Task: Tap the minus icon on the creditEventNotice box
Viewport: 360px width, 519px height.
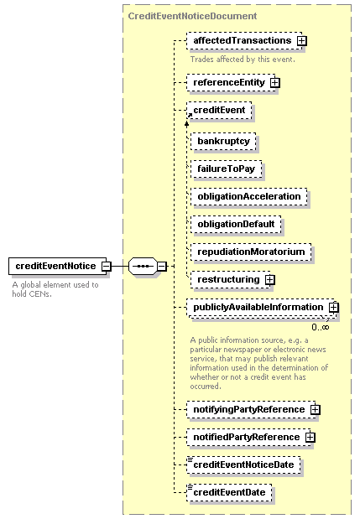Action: (107, 266)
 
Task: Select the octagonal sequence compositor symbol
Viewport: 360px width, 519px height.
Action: (143, 266)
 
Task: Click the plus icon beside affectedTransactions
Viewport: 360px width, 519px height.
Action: (302, 41)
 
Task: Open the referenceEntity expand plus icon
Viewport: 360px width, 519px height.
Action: (275, 82)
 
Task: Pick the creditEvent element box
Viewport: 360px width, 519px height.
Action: (219, 110)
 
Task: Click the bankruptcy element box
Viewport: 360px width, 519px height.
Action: (223, 142)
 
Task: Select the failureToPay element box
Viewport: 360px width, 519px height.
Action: (227, 169)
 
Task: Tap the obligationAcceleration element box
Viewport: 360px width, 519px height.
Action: (249, 196)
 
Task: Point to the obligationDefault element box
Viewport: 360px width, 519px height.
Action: (236, 225)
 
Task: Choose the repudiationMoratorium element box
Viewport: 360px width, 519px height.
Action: (251, 252)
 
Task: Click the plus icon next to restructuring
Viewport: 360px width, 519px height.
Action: (270, 280)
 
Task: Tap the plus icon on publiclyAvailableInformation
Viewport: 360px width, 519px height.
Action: (333, 308)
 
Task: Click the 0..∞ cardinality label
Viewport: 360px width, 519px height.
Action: (321, 327)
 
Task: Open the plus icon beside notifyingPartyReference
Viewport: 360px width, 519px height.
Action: (315, 410)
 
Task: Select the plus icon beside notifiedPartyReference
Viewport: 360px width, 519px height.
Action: (310, 438)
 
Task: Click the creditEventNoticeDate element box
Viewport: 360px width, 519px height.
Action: (243, 465)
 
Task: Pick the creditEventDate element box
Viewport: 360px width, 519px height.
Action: (229, 493)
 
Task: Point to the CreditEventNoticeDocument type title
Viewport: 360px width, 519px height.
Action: (192, 16)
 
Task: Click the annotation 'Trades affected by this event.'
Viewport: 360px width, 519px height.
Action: (243, 60)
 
